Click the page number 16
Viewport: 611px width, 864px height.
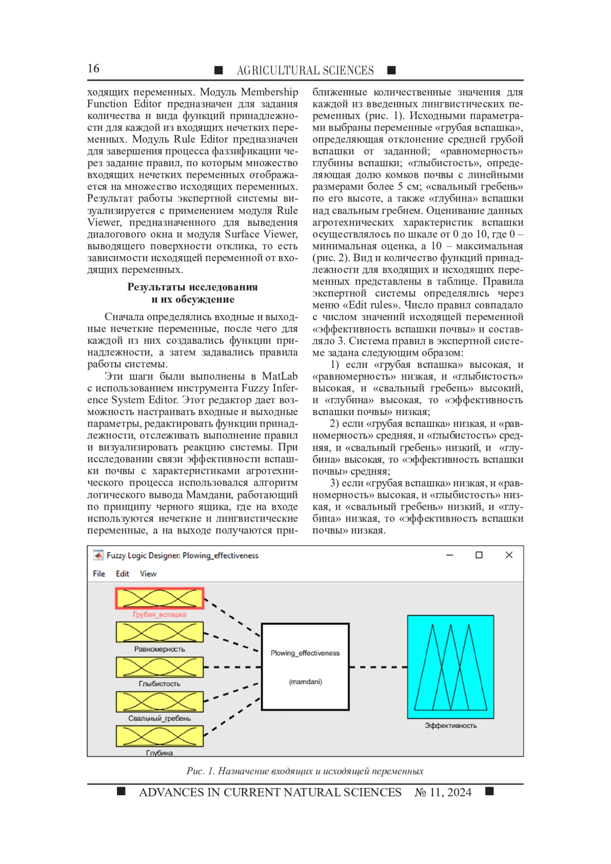93,69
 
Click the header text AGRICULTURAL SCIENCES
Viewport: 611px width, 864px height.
305,70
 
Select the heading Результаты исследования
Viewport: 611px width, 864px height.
192,287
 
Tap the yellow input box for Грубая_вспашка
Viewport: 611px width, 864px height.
160,598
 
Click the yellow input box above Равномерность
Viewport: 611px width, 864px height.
160,632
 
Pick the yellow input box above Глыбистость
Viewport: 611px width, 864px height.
160,667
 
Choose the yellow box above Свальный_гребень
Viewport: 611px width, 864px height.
160,702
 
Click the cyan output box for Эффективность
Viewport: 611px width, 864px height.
451,666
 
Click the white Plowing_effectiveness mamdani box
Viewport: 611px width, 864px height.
305,666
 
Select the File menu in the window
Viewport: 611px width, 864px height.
99,574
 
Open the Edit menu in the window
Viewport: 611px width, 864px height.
122,574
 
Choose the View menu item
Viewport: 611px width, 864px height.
148,574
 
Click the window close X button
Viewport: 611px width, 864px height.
509,555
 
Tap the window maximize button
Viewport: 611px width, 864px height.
479,555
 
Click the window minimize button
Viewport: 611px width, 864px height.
450,555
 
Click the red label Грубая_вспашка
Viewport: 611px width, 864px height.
160,615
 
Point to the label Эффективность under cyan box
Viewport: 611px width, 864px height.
451,726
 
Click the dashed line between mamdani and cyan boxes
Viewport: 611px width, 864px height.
378,667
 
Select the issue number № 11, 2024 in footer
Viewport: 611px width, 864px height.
443,792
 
